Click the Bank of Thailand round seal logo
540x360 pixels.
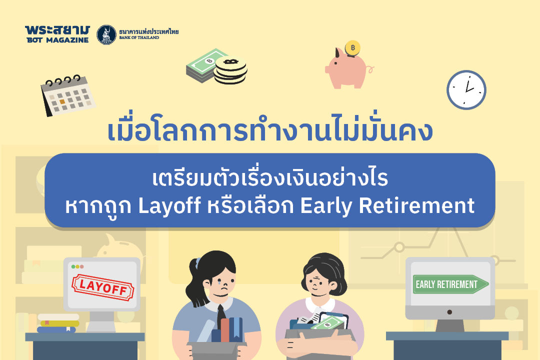106,34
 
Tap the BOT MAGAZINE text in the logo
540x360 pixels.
56,40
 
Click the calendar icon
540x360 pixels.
67,95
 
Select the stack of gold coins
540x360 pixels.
230,70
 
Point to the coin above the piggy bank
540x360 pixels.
353,48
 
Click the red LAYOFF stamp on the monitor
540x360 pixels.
103,288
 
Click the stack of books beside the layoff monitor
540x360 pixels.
57,323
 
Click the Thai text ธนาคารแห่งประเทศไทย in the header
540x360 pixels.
148,32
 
